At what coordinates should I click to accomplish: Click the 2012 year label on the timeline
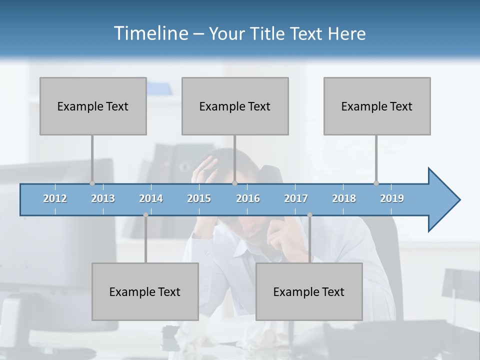click(55, 198)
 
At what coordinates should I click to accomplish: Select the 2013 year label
click(103, 198)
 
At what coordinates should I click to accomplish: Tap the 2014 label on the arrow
click(151, 198)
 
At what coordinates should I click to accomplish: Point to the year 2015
click(199, 198)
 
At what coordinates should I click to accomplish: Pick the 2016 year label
click(248, 198)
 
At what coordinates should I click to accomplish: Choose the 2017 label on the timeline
click(296, 198)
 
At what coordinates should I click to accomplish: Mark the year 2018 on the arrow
click(344, 198)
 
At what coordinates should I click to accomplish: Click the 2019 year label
click(392, 198)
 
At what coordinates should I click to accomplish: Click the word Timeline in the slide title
click(150, 33)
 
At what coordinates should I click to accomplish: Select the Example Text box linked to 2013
click(93, 106)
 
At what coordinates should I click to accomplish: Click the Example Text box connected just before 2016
click(235, 106)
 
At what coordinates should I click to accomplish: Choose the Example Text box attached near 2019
click(377, 106)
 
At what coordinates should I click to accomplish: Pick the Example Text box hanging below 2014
click(145, 291)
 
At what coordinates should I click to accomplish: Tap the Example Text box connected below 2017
click(309, 291)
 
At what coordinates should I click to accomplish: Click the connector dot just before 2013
click(92, 183)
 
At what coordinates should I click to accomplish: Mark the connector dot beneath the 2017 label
click(309, 215)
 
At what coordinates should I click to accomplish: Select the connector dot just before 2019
click(376, 183)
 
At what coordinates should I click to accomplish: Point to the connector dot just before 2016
click(234, 183)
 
